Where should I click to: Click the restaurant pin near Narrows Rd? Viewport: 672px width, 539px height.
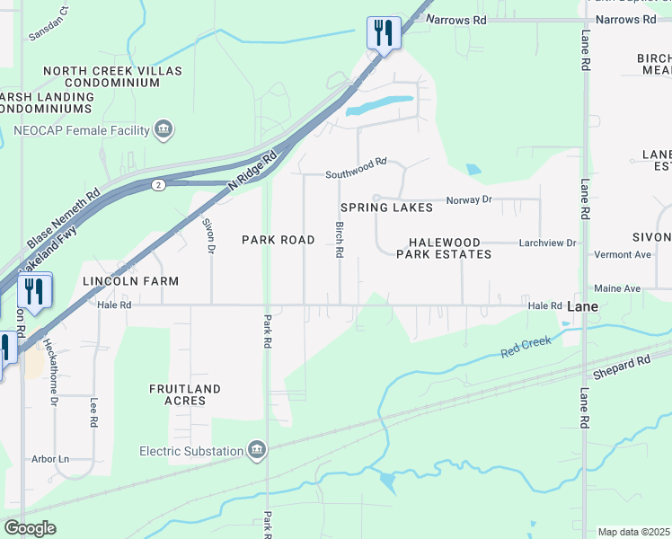383,33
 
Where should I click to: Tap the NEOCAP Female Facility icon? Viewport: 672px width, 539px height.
164,130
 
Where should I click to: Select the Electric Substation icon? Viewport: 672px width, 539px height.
256,450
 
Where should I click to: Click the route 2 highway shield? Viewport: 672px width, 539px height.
158,185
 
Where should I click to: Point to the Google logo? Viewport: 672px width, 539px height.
30,528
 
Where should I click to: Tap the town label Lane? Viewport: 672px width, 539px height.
583,306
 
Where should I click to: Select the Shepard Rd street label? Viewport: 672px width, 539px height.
621,367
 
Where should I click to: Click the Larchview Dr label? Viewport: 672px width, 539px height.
549,243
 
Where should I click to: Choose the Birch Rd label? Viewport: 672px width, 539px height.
340,240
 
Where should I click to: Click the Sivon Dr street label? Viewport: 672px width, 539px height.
208,235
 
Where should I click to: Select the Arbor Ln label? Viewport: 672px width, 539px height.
50,459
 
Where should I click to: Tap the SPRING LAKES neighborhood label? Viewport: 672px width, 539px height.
386,208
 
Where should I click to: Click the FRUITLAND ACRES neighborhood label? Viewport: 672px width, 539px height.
185,394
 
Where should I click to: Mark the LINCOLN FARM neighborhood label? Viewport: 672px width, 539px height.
131,281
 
